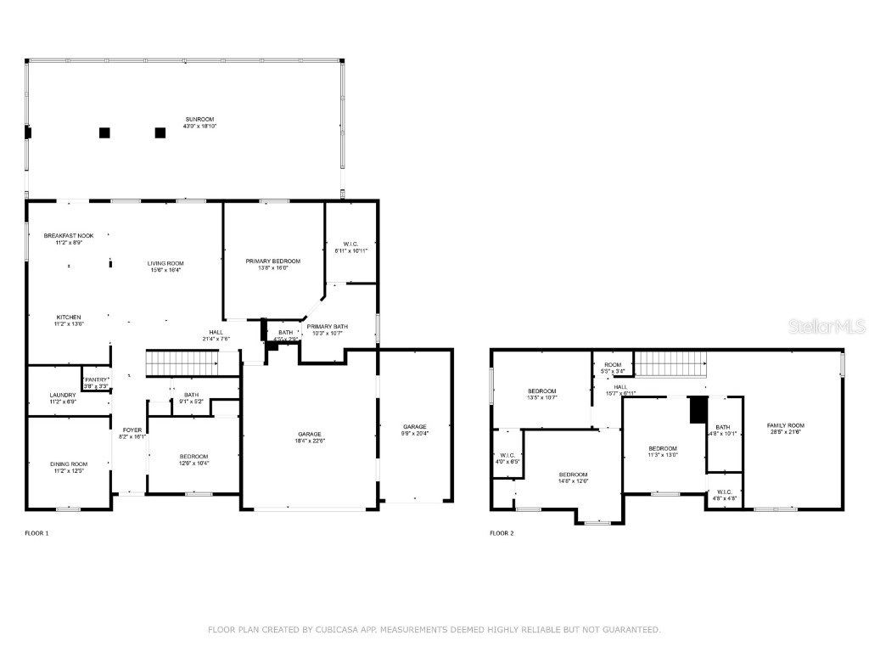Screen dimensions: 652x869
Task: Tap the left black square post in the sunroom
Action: click(x=104, y=132)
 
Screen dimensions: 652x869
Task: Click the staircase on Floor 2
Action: click(x=671, y=363)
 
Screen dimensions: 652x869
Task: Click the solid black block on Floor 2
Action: click(x=698, y=410)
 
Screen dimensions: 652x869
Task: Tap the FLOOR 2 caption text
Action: click(x=502, y=533)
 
